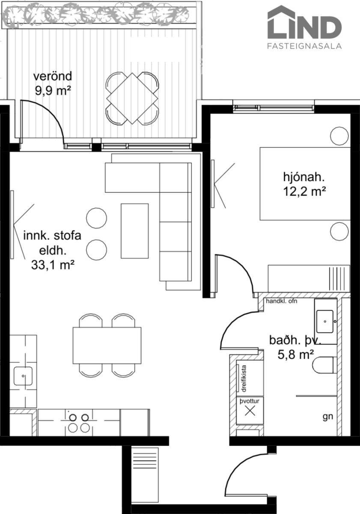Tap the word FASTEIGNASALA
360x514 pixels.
click(304, 46)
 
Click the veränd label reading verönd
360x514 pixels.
click(53, 76)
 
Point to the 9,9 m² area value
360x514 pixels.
click(53, 91)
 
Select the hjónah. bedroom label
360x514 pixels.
click(304, 177)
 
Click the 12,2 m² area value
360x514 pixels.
click(304, 191)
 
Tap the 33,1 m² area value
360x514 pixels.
click(53, 266)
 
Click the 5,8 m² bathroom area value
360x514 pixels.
click(295, 355)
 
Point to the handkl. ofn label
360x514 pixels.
click(281, 301)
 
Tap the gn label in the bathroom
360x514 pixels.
click(327, 416)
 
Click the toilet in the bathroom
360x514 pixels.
click(324, 365)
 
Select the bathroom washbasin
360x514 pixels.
click(325, 321)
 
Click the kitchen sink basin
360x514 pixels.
click(23, 376)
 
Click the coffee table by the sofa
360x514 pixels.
click(134, 231)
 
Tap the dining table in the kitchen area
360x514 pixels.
click(107, 346)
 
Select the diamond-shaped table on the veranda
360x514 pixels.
click(132, 99)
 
